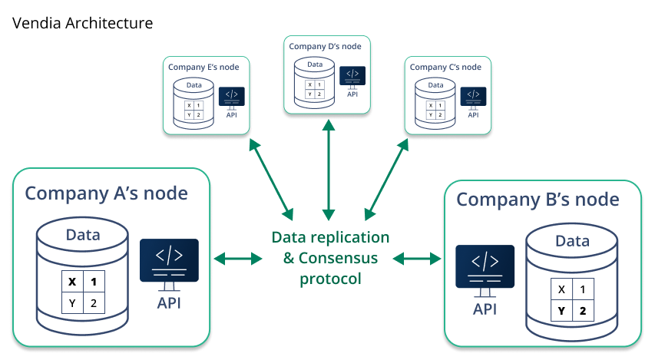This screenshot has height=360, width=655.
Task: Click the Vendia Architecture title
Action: [x=82, y=23]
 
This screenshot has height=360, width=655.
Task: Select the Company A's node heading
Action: [x=107, y=193]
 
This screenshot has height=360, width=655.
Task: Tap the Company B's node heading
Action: [x=538, y=200]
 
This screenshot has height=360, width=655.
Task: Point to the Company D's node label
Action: [x=325, y=46]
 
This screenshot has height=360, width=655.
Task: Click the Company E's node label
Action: [x=203, y=68]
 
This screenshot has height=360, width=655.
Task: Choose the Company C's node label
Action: [x=445, y=68]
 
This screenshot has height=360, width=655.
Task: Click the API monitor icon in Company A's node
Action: [x=169, y=265]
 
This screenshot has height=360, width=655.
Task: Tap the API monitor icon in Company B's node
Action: [x=485, y=271]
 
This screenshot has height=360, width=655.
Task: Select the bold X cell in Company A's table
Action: [x=72, y=282]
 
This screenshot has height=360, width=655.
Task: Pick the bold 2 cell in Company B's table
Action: [x=583, y=310]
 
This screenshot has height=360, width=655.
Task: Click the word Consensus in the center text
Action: [x=338, y=258]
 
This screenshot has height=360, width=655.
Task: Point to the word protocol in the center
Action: [x=330, y=279]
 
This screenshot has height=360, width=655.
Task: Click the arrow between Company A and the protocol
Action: [x=238, y=259]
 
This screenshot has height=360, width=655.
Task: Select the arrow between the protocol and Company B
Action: [x=417, y=259]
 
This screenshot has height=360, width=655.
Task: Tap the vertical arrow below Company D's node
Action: [x=329, y=170]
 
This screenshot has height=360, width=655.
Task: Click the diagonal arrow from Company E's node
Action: [x=271, y=180]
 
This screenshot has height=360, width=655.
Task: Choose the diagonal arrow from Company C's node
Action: [x=386, y=180]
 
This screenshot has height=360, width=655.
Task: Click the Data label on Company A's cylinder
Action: [x=83, y=235]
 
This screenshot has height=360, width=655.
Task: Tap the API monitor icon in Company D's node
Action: [x=352, y=78]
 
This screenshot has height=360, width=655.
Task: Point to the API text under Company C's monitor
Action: [x=473, y=115]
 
